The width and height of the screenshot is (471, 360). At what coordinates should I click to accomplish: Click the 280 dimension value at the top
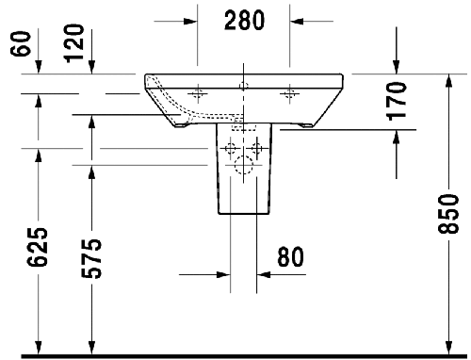(243, 18)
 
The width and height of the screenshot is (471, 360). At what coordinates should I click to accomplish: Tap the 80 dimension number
(291, 256)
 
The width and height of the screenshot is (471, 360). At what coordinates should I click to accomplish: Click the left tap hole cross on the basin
(198, 92)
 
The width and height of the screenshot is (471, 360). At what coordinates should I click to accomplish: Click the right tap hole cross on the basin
(288, 92)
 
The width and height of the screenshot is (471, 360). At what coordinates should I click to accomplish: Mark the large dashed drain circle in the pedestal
(242, 170)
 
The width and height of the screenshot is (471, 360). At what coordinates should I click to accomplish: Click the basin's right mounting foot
(306, 123)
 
